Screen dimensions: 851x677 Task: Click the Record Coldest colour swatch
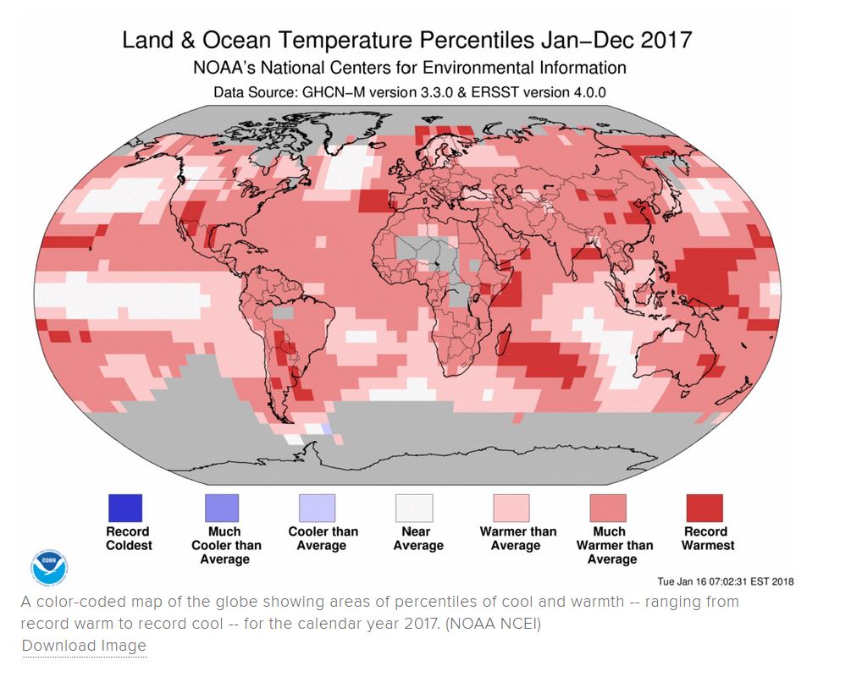pos(125,508)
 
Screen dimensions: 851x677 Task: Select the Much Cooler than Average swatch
pos(222,508)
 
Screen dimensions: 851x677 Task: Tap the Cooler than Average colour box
pos(318,508)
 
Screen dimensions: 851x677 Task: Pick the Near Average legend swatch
pos(415,508)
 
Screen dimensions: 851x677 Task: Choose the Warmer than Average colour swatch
pos(511,508)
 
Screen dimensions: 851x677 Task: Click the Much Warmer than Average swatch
pos(608,508)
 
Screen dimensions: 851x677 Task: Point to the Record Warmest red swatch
pos(705,508)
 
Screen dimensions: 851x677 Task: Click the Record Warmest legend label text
pos(708,539)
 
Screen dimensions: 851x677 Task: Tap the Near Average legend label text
pos(418,539)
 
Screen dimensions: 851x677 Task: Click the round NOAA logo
pos(49,567)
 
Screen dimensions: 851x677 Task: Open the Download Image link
pos(84,646)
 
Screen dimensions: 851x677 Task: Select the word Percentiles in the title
pos(471,40)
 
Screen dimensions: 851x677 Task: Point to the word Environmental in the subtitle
pos(478,68)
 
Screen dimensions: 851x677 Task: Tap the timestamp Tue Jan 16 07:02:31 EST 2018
pos(726,581)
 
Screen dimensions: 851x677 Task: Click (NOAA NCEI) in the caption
pos(493,624)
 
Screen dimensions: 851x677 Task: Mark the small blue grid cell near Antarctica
pos(326,428)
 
